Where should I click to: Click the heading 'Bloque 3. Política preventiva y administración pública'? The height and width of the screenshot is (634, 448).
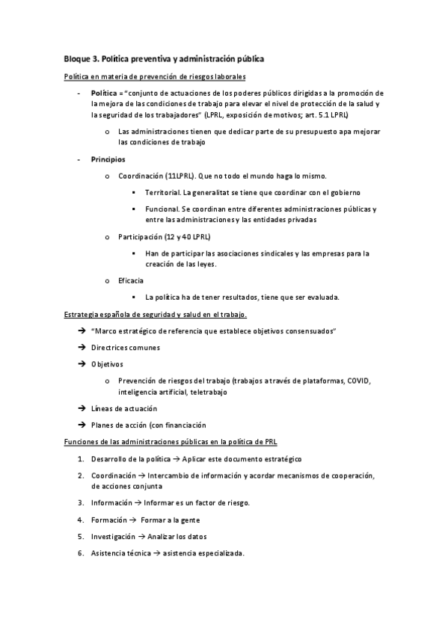point(164,58)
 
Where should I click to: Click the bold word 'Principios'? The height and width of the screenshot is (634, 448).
point(108,160)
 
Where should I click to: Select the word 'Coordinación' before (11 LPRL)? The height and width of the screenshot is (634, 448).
point(141,176)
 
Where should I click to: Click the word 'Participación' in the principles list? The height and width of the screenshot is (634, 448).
point(141,237)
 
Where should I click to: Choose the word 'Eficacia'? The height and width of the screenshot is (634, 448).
point(131,280)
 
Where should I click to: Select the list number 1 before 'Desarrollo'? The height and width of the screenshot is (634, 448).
point(80,458)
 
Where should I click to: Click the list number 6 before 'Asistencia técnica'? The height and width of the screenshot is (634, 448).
point(80,553)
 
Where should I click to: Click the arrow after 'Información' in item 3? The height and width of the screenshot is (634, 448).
point(135,502)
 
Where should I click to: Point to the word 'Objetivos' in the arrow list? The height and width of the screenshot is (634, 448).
point(108,364)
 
